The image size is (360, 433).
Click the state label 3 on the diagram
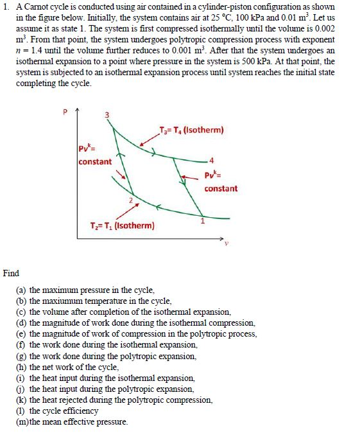(107, 114)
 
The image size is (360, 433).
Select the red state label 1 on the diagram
(202, 222)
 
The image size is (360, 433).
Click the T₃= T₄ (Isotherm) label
(192, 130)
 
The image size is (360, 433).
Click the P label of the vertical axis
(64, 112)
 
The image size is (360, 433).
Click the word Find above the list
(11, 273)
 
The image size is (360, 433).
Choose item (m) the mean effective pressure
(72, 421)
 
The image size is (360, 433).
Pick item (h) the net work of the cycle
(67, 367)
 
